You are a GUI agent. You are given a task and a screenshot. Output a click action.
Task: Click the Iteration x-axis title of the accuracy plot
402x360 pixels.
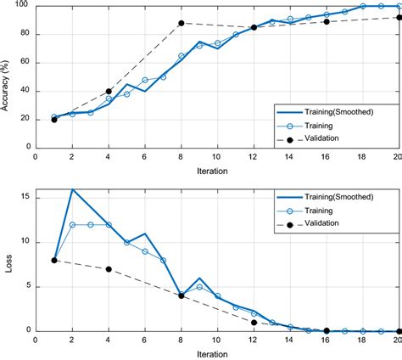click(216, 169)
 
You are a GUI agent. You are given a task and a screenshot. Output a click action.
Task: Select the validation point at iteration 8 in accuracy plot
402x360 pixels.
click(181, 23)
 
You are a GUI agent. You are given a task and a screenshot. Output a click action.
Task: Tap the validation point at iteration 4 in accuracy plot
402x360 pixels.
click(109, 91)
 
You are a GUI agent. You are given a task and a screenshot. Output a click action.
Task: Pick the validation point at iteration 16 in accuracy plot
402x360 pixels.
click(327, 21)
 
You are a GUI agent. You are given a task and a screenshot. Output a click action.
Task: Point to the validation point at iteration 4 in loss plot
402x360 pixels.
click(109, 269)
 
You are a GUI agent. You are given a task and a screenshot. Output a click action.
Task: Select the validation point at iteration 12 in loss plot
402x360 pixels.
click(254, 323)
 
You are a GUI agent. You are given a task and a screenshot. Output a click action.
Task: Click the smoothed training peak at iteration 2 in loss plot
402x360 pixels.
click(72, 189)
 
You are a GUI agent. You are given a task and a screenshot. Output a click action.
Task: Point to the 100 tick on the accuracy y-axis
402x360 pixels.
click(23, 6)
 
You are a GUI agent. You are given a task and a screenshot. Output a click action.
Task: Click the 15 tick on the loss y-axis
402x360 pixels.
click(25, 198)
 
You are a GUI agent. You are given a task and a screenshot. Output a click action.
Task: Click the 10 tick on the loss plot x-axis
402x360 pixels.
click(217, 340)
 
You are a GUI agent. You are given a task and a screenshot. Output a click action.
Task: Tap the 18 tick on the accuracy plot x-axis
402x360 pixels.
click(362, 155)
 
